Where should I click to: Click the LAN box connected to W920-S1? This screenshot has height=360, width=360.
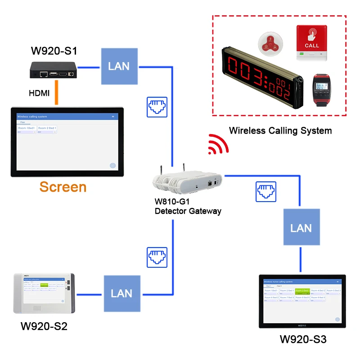[118, 66]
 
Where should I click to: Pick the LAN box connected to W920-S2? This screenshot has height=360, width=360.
[121, 293]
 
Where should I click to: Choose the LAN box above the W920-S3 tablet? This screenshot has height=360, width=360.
[301, 228]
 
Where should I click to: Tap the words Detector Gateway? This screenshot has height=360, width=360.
[188, 211]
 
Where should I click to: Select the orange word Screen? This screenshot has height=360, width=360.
[63, 187]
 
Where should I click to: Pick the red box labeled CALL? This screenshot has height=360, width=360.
[312, 43]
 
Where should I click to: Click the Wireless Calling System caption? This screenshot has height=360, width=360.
[280, 131]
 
